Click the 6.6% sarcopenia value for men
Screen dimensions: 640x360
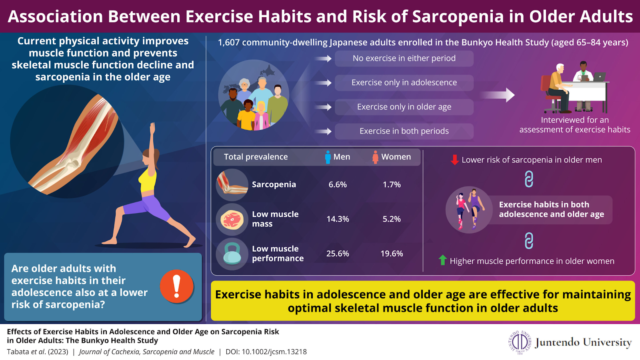pyautogui.click(x=338, y=184)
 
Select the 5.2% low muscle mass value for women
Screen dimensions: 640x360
pyautogui.click(x=392, y=219)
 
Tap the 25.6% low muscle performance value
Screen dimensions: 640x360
pyautogui.click(x=338, y=254)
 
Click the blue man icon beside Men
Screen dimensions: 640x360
pyautogui.click(x=328, y=157)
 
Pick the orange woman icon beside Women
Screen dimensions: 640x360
pyautogui.click(x=376, y=157)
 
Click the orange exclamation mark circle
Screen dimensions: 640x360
pyautogui.click(x=176, y=286)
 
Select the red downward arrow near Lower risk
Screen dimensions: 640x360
pyautogui.click(x=454, y=160)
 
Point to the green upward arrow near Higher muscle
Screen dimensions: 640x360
pyautogui.click(x=442, y=260)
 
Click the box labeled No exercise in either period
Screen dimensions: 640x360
pyautogui.click(x=404, y=58)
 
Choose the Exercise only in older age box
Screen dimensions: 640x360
pyautogui.click(x=404, y=107)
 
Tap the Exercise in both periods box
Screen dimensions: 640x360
pyautogui.click(x=404, y=132)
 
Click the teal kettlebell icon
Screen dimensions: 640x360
pyautogui.click(x=232, y=253)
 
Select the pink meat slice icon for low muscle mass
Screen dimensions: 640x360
pyautogui.click(x=232, y=220)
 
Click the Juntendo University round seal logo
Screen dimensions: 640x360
pyautogui.click(x=520, y=342)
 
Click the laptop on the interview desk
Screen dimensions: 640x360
pyautogui.click(x=600, y=76)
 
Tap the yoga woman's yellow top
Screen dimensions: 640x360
pyautogui.click(x=148, y=181)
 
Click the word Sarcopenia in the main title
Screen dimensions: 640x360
pyautogui.click(x=458, y=16)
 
